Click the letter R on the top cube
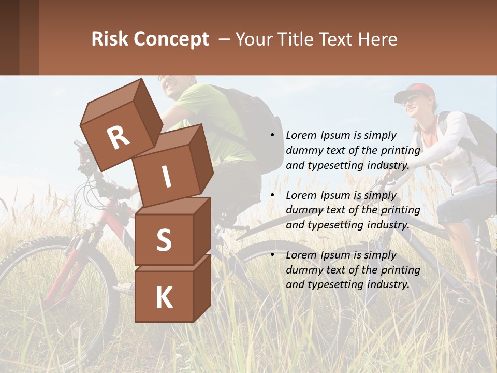pyautogui.click(x=119, y=137)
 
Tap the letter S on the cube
pyautogui.click(x=164, y=240)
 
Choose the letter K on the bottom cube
pyautogui.click(x=164, y=297)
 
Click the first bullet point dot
pyautogui.click(x=272, y=136)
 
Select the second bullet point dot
pyautogui.click(x=272, y=196)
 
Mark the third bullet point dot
pyautogui.click(x=272, y=255)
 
